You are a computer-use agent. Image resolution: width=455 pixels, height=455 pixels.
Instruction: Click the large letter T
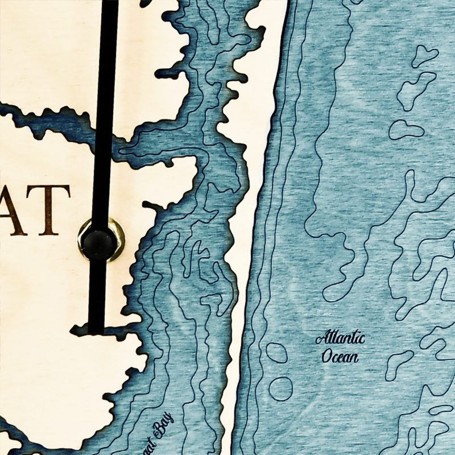(49, 210)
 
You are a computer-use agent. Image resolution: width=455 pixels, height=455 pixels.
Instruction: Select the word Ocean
(340, 357)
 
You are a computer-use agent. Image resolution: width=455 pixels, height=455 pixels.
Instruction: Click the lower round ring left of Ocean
(280, 388)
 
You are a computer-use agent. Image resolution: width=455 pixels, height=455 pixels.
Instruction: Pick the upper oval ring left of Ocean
(276, 353)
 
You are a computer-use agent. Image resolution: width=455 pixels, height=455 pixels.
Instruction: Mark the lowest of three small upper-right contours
(406, 129)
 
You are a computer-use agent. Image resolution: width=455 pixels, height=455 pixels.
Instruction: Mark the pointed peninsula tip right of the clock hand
(197, 165)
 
